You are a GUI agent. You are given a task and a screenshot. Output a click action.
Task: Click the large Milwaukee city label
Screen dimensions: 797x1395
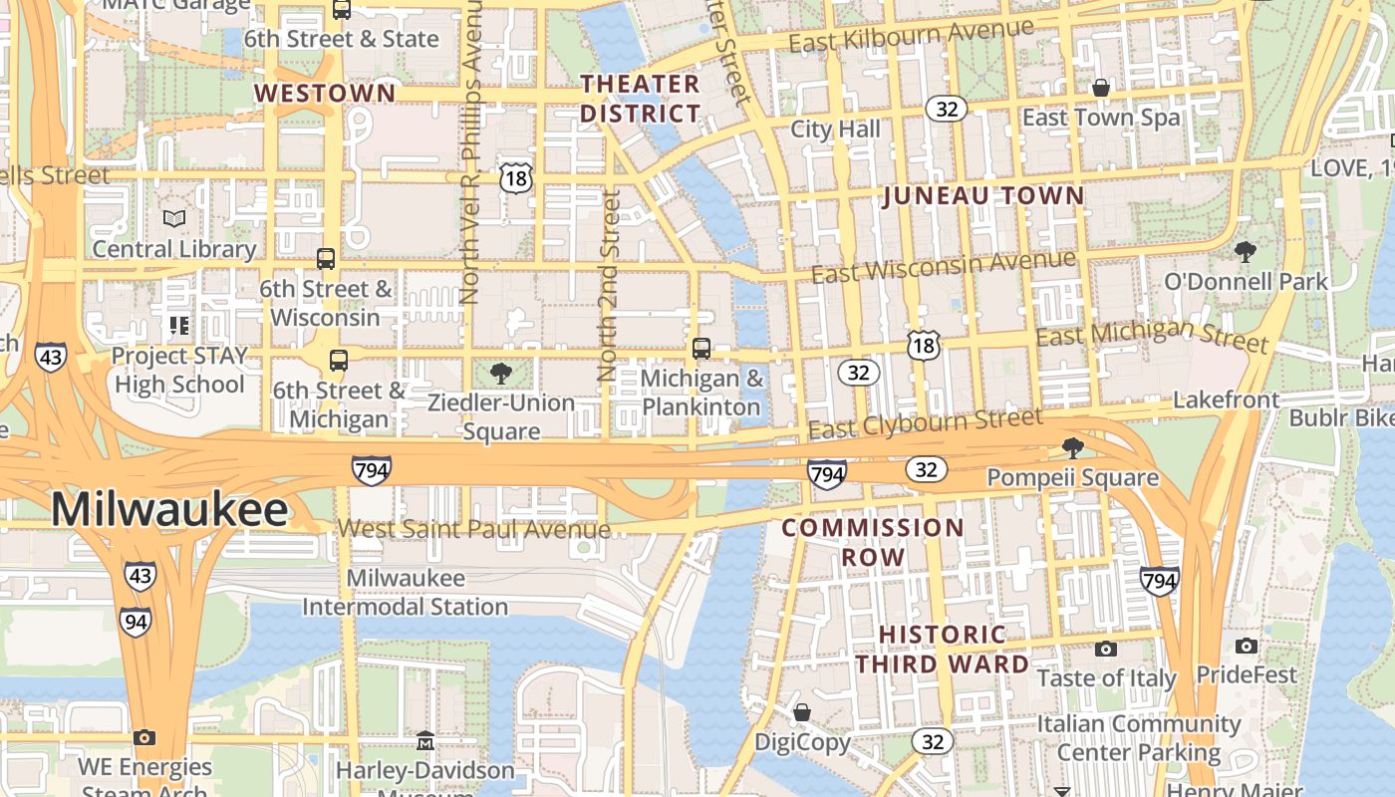point(169,510)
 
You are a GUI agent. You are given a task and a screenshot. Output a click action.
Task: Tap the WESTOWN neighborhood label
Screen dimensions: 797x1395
point(325,94)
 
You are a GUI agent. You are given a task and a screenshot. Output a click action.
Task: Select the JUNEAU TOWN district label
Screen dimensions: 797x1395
point(983,195)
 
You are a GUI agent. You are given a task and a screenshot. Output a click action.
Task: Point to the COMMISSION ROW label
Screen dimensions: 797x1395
point(873,542)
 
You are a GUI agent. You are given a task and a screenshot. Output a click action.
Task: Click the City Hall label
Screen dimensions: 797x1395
point(835,130)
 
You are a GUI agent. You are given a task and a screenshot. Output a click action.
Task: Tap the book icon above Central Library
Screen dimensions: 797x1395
point(174,218)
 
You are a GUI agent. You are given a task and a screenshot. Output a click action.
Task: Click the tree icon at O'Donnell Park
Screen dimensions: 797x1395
point(1245,251)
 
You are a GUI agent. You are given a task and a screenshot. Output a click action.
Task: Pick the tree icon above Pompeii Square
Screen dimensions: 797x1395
point(1072,447)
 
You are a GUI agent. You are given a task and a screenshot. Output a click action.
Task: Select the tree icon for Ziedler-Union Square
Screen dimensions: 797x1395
point(501,374)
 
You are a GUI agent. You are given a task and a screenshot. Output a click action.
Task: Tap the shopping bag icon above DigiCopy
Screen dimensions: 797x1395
point(802,712)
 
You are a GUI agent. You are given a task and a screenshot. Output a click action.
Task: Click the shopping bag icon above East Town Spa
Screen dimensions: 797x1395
point(1101,88)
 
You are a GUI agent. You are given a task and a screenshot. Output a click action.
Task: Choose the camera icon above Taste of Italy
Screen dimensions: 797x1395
point(1105,650)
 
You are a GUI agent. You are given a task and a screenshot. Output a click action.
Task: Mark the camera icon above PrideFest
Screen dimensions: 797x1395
point(1247,646)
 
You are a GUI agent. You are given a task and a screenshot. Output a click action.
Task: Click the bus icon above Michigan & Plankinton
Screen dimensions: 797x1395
point(701,348)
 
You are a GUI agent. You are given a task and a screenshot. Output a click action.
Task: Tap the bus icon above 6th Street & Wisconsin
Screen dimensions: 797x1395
point(326,259)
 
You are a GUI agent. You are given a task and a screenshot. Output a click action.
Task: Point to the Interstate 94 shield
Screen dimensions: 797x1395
point(137,621)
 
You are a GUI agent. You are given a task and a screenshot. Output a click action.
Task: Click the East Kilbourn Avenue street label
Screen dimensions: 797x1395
point(911,36)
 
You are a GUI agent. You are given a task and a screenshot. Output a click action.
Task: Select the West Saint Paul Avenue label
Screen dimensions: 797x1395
point(474,529)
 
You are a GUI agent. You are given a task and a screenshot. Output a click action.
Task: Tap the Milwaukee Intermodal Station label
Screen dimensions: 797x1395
point(405,593)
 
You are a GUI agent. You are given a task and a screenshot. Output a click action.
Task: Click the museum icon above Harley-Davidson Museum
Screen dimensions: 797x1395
point(425,740)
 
